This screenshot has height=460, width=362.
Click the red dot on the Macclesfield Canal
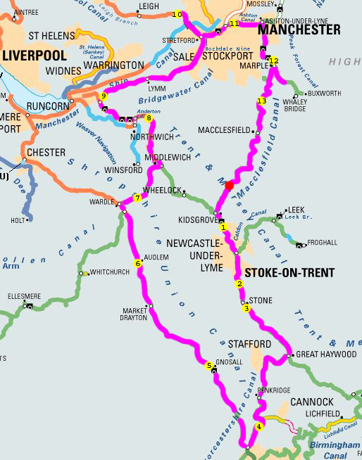click(229, 186)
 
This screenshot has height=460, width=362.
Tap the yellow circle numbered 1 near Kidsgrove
click(223, 227)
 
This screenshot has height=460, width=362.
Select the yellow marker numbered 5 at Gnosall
click(209, 365)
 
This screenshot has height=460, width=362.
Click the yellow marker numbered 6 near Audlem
click(138, 263)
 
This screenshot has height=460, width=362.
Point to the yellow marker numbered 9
click(104, 96)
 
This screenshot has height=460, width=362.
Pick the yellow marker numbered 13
click(262, 101)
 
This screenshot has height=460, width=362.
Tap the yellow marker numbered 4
click(259, 426)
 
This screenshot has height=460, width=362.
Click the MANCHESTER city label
click(299, 30)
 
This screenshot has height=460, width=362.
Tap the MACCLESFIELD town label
click(225, 131)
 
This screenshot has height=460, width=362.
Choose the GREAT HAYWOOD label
click(327, 354)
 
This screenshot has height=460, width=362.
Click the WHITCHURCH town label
click(110, 271)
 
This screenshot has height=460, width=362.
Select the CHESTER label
click(46, 152)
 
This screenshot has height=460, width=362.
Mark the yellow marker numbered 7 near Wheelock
click(137, 198)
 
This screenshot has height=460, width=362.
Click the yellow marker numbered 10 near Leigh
click(177, 15)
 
